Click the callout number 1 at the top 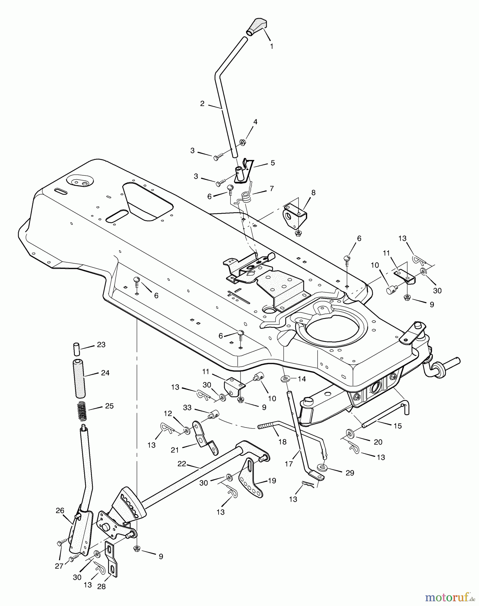click(x=272, y=46)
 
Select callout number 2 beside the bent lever click(x=202, y=104)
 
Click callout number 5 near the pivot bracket click(x=273, y=163)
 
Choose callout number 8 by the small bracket click(x=313, y=193)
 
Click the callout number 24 click(x=105, y=373)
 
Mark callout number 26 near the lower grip click(x=60, y=510)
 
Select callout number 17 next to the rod click(x=289, y=464)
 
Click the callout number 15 click(x=397, y=426)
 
